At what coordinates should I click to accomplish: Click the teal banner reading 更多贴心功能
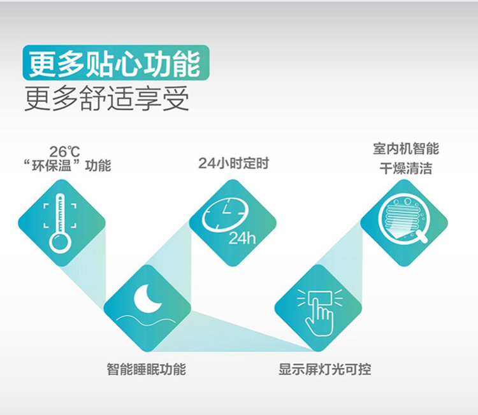[x=116, y=63]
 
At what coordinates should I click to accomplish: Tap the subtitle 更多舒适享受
[x=106, y=98]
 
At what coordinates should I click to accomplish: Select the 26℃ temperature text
[x=64, y=151]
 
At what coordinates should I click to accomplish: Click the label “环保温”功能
[x=68, y=165]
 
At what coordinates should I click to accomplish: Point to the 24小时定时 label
[x=233, y=163]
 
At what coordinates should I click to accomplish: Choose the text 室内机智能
[x=406, y=148]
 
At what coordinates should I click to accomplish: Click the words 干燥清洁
[x=406, y=169]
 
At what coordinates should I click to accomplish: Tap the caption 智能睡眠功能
[x=147, y=369]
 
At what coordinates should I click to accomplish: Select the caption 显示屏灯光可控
[x=324, y=369]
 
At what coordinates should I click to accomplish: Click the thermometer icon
[x=61, y=224]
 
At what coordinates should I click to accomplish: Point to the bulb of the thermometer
[x=61, y=243]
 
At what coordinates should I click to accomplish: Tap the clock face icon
[x=225, y=215]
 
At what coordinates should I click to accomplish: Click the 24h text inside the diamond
[x=242, y=238]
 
